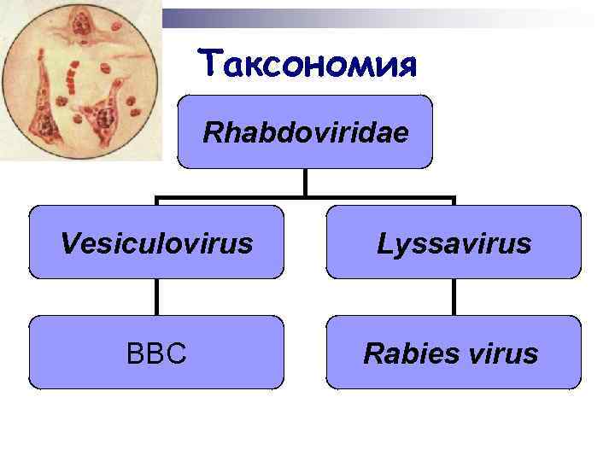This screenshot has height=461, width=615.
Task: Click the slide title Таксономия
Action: pos(307,62)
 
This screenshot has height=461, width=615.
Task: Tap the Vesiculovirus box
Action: pos(156,242)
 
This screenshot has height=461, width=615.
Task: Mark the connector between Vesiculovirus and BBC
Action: pos(156,297)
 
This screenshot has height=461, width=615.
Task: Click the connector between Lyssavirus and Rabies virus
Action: pos(454,297)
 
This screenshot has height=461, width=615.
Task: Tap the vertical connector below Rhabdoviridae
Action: pos(305,181)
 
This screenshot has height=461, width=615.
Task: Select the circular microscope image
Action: pos(81,81)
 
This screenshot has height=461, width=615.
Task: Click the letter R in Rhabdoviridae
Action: pos(212,133)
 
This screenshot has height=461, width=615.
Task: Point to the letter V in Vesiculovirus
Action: pos(69,244)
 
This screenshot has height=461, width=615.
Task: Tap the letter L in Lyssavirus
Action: pos(384,244)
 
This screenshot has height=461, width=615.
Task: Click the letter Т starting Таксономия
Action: pos(209,62)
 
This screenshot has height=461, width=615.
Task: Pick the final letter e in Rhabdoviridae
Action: pos(400,134)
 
